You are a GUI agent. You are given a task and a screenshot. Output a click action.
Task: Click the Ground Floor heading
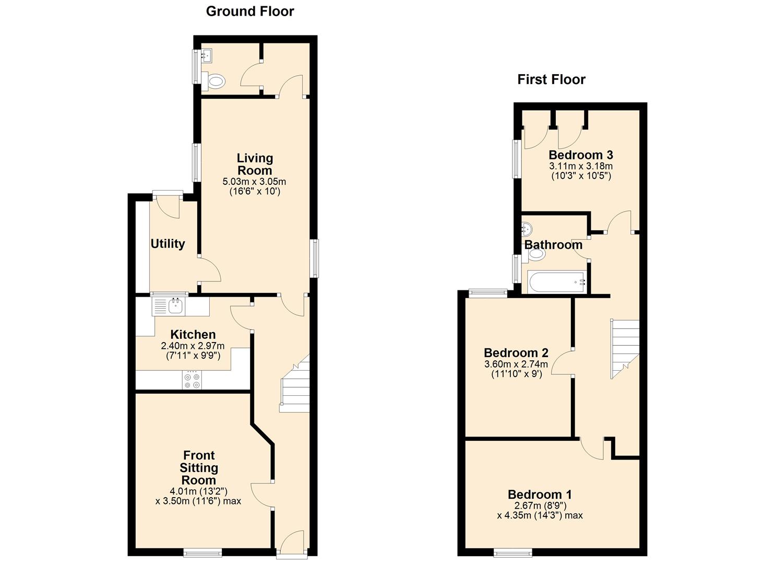(250, 11)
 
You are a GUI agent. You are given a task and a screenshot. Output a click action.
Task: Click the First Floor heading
(551, 79)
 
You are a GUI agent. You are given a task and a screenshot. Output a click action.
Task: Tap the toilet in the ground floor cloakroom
(214, 81)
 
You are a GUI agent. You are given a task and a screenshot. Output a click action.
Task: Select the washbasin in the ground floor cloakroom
(207, 55)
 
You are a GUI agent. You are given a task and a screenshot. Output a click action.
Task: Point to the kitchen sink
(176, 305)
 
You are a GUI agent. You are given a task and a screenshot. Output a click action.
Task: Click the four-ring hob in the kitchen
(192, 380)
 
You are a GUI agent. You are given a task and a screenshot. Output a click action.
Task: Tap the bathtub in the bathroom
(557, 282)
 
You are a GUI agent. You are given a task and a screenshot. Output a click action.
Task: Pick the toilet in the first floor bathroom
(534, 254)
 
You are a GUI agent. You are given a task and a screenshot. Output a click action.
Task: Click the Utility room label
(168, 244)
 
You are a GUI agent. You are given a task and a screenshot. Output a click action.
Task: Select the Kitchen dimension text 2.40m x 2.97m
(193, 346)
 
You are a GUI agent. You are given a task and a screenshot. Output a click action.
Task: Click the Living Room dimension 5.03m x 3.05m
(254, 181)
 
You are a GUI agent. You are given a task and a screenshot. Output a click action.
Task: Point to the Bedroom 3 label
(581, 155)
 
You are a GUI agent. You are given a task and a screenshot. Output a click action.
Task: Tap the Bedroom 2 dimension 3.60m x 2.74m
(516, 364)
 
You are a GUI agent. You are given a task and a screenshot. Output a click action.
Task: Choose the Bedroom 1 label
(540, 494)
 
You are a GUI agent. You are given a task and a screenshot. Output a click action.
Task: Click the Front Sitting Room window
(202, 553)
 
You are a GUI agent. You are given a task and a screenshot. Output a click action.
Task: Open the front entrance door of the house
(292, 544)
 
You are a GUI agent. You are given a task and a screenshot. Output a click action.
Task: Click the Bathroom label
(553, 245)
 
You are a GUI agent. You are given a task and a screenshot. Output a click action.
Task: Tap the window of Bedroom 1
(512, 553)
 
